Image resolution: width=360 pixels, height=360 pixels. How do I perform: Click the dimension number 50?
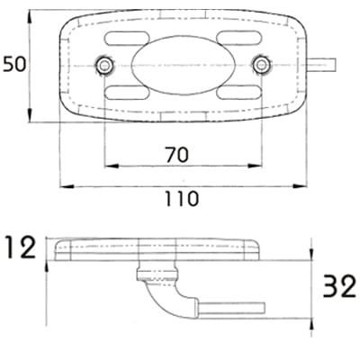pos(14,65)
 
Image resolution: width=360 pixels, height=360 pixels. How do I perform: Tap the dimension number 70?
pos(177,154)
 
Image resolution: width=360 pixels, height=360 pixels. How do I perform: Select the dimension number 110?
pos(182,199)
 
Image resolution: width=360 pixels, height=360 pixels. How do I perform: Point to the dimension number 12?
pos(20,247)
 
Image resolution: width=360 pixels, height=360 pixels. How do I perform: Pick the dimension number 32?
pos(339,286)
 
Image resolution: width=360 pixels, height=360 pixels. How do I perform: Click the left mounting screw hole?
pos(104,65)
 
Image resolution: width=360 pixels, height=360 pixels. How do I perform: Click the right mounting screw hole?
pos(261,65)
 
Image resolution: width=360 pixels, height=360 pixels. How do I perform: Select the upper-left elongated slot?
pos(127,38)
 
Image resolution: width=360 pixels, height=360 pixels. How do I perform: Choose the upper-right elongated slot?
pos(239,38)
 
